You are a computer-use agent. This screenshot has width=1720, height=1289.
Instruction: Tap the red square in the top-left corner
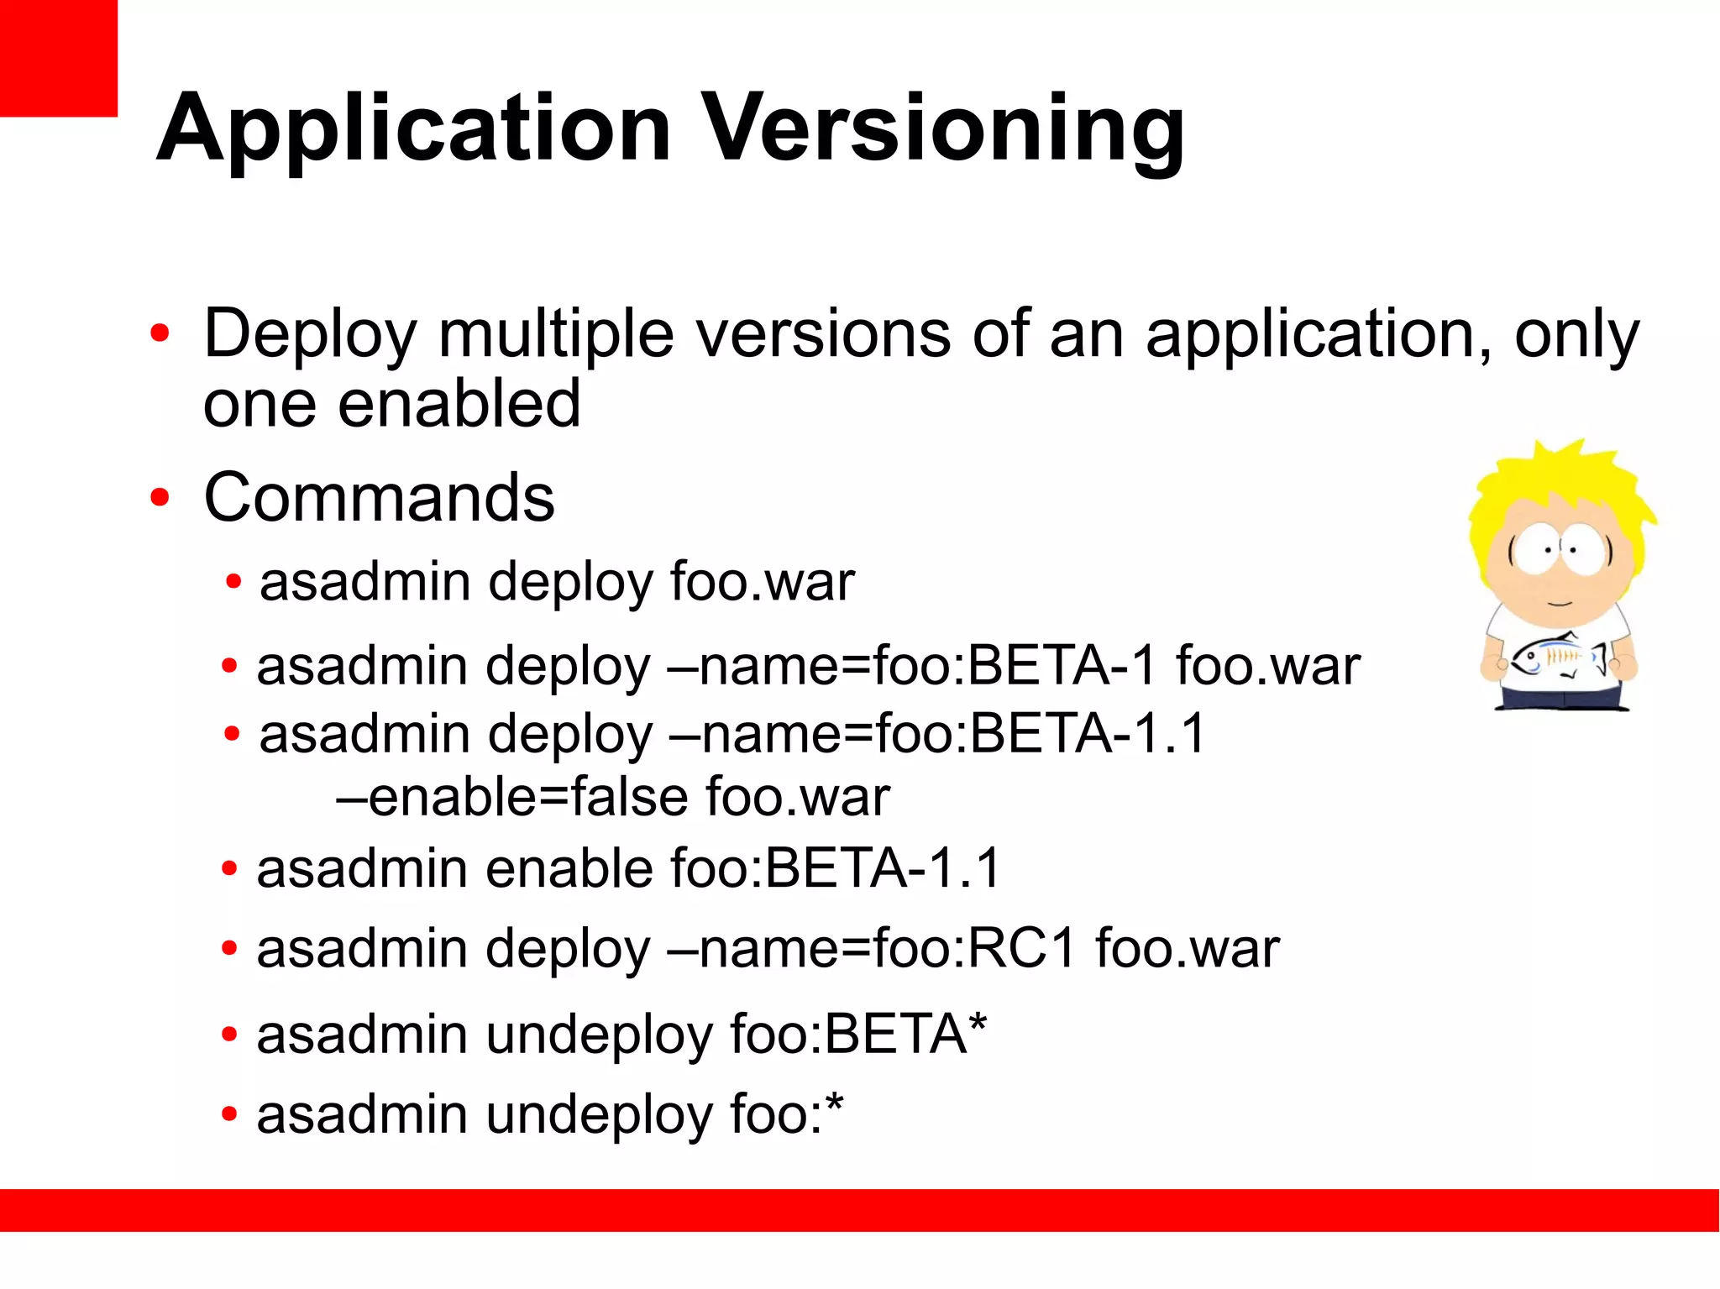coord(57,57)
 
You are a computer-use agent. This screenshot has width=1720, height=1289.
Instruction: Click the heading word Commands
coord(379,497)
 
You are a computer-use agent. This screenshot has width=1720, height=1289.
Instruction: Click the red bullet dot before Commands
coord(160,498)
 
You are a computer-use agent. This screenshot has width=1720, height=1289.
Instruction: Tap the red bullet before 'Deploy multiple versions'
coord(160,334)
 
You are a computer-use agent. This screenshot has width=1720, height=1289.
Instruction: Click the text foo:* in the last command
coord(786,1115)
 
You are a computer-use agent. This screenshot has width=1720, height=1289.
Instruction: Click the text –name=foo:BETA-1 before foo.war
coord(911,667)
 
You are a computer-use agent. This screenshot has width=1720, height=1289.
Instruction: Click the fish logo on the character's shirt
coord(1558,658)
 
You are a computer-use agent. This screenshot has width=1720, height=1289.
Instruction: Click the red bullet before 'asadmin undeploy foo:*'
coord(229,1115)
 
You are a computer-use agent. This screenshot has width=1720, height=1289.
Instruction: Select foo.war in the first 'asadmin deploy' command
coord(762,582)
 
